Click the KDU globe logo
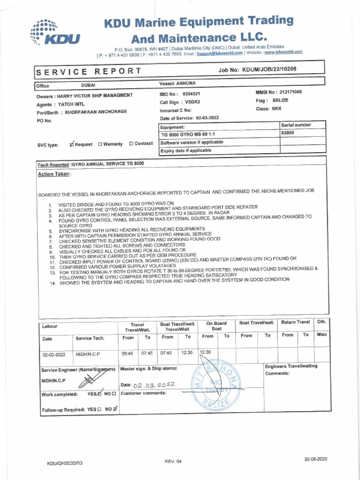point(55,33)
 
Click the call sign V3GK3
point(192,102)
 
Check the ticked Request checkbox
point(72,144)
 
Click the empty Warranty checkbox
point(100,144)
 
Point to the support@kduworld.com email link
point(219,53)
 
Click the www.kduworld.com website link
point(283,52)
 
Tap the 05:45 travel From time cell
point(128,353)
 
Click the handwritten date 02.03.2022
point(154,385)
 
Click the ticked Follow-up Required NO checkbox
point(115,408)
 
